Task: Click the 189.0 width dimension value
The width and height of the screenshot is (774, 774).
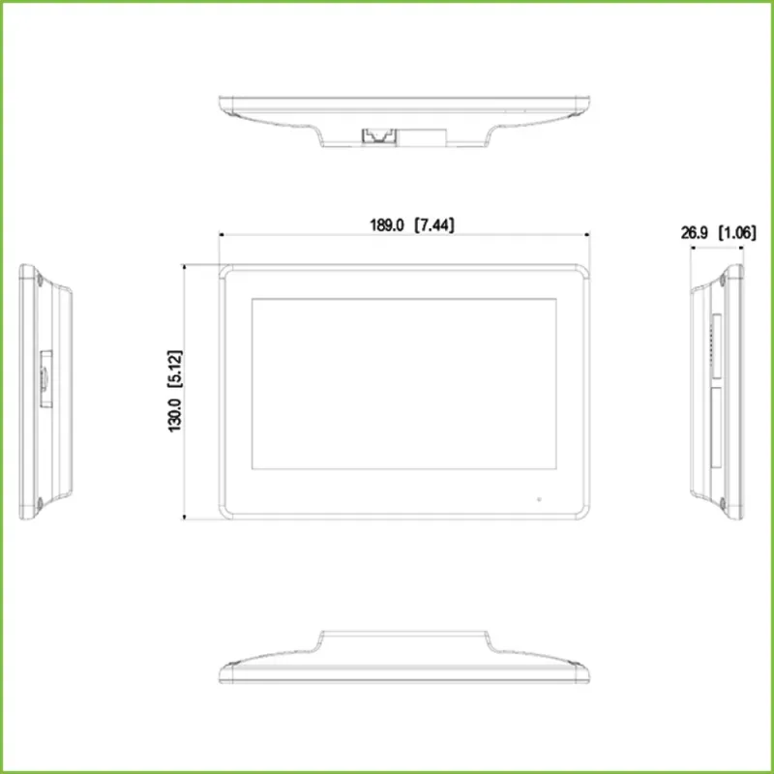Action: pos(386,225)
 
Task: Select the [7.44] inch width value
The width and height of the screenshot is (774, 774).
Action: pos(433,225)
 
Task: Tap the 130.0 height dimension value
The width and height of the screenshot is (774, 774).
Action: pos(175,415)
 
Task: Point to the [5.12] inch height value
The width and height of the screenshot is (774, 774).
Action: pos(175,370)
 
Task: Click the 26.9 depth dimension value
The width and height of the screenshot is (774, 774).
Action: pos(695,232)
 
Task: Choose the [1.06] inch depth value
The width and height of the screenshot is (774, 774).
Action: pos(737,232)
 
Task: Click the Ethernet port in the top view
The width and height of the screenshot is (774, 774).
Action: pos(379,135)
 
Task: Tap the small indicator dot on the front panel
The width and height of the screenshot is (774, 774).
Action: pos(539,499)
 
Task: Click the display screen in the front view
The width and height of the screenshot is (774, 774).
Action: pos(404,383)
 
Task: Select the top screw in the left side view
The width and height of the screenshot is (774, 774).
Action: pos(40,280)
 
